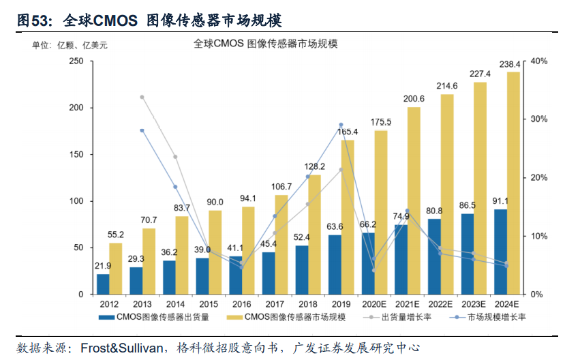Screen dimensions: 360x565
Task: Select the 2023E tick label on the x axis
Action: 474,304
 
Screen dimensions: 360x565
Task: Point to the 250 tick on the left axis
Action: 76,61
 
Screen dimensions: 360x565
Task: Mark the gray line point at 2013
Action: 142,97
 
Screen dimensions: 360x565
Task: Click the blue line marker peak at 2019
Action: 341,125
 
